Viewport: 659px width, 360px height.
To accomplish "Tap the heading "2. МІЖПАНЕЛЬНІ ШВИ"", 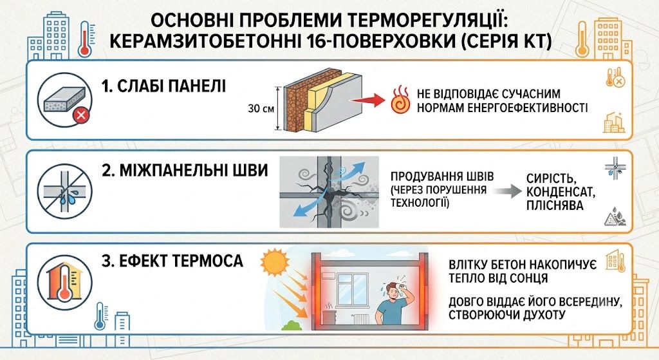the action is pos(185,170).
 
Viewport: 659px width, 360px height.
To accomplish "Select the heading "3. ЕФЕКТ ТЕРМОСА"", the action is pos(172,261).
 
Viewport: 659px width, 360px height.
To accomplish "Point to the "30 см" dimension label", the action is pos(261,108).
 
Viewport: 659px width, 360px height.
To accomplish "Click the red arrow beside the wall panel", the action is pos(367,100).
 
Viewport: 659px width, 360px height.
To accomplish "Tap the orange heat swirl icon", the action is pos(400,100).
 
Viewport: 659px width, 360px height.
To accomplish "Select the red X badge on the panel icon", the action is pos(81,115).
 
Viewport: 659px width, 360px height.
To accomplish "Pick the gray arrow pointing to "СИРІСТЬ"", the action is pos(507,191).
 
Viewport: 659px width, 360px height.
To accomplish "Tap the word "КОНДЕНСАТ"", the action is pos(561,192).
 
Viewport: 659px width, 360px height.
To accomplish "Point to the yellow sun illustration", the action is pos(275,262).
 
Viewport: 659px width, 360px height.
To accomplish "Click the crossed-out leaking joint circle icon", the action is pos(65,191).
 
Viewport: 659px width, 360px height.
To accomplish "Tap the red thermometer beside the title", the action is pos(85,39).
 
